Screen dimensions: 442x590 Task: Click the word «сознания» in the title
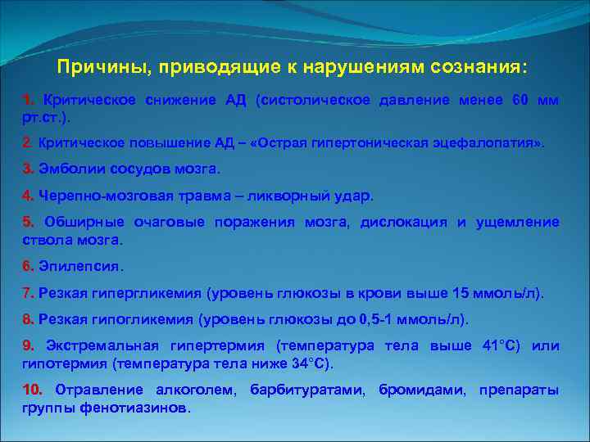(x=471, y=65)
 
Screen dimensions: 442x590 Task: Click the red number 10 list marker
(x=33, y=389)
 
